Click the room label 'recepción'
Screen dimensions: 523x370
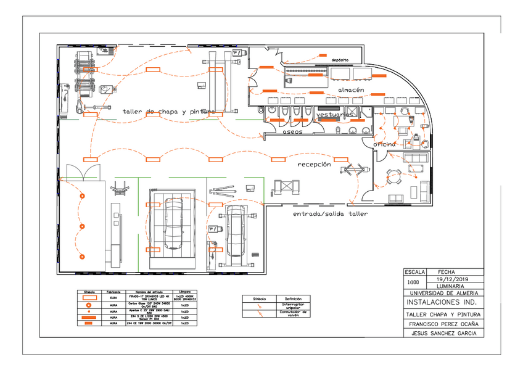314,165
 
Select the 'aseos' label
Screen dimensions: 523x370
292,132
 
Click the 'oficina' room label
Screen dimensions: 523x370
384,144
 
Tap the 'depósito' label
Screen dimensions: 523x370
340,60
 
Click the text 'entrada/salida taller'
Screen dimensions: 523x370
330,214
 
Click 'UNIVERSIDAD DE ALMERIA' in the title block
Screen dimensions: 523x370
442,294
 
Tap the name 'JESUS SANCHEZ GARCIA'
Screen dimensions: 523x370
442,334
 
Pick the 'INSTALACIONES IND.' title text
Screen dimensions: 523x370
442,303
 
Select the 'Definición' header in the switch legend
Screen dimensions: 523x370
292,298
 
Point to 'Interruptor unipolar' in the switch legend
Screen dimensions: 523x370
292,305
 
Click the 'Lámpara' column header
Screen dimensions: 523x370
184,292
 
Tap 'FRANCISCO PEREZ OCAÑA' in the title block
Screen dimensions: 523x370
442,323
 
